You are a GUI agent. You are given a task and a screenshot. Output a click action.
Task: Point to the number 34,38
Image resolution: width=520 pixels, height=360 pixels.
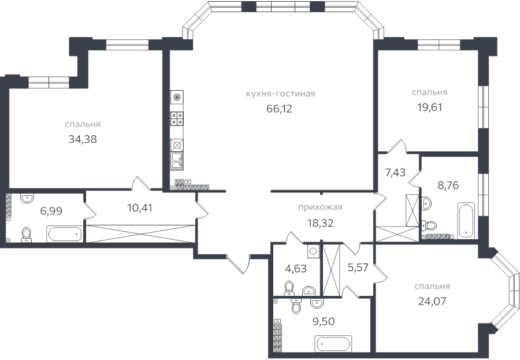tap(82, 139)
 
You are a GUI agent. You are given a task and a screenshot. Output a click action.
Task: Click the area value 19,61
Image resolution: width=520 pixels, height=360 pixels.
tap(429, 106)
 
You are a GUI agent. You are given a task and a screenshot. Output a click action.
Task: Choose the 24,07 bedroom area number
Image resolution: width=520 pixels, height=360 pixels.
tap(432, 300)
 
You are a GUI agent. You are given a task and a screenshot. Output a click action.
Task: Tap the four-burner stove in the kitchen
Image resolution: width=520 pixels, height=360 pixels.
tap(177, 118)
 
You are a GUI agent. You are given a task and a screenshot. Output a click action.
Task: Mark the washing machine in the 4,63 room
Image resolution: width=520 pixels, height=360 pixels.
tap(313, 251)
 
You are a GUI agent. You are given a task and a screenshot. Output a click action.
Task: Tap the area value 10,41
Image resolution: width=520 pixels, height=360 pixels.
tap(139, 208)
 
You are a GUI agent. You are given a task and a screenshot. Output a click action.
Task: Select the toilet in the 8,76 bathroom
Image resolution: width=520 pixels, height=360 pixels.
tap(426, 203)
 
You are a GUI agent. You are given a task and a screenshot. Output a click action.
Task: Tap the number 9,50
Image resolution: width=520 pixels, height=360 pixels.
tap(324, 322)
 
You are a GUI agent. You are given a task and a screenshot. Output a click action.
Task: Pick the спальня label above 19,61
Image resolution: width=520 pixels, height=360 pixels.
tap(429, 92)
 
